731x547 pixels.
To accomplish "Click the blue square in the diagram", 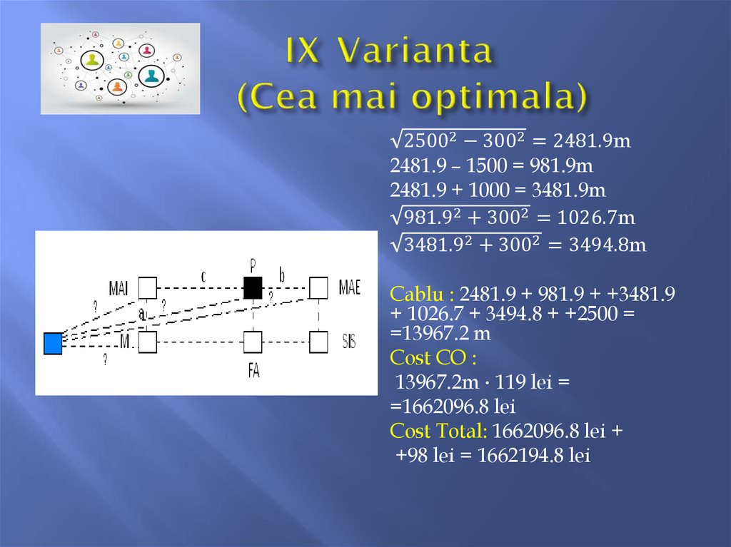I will tap(53, 343).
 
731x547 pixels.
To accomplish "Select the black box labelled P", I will tap(253, 287).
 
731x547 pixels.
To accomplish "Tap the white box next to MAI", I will tap(147, 287).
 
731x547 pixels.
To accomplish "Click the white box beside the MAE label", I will tap(318, 287).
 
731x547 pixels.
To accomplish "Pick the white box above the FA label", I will tap(253, 342).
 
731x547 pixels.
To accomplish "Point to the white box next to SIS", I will tap(318, 342).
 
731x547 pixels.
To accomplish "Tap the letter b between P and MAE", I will tap(281, 275).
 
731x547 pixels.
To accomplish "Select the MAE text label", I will tap(350, 287).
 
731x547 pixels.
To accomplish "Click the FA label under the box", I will tap(253, 372).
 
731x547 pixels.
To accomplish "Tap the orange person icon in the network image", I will tap(117, 86).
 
